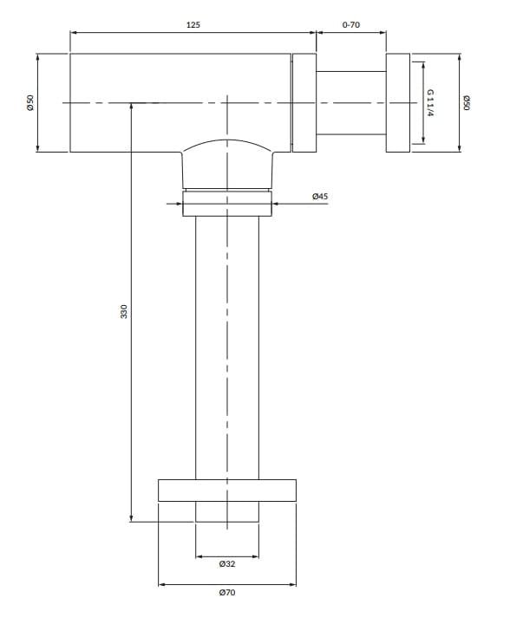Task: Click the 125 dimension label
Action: point(193,24)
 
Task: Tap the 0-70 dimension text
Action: point(351,24)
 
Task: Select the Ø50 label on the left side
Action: point(30,102)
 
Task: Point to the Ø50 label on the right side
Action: point(467,102)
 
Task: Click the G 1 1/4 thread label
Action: point(430,102)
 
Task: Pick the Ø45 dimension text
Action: point(320,196)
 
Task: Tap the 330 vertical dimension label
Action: point(124,311)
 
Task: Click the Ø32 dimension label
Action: point(227,564)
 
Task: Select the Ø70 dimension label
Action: point(227,593)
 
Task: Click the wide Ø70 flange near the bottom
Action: point(227,491)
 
